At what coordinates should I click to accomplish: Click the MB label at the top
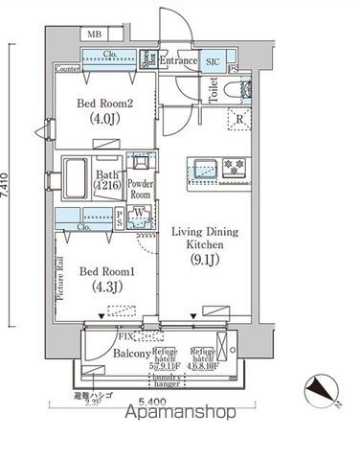[94, 35]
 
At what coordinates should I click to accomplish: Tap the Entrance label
[178, 61]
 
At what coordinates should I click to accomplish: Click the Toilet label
[214, 91]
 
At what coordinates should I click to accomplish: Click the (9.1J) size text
[200, 275]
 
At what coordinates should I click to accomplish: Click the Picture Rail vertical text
[60, 279]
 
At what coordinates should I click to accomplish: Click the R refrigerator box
[237, 119]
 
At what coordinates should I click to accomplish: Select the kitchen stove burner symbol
[233, 164]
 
